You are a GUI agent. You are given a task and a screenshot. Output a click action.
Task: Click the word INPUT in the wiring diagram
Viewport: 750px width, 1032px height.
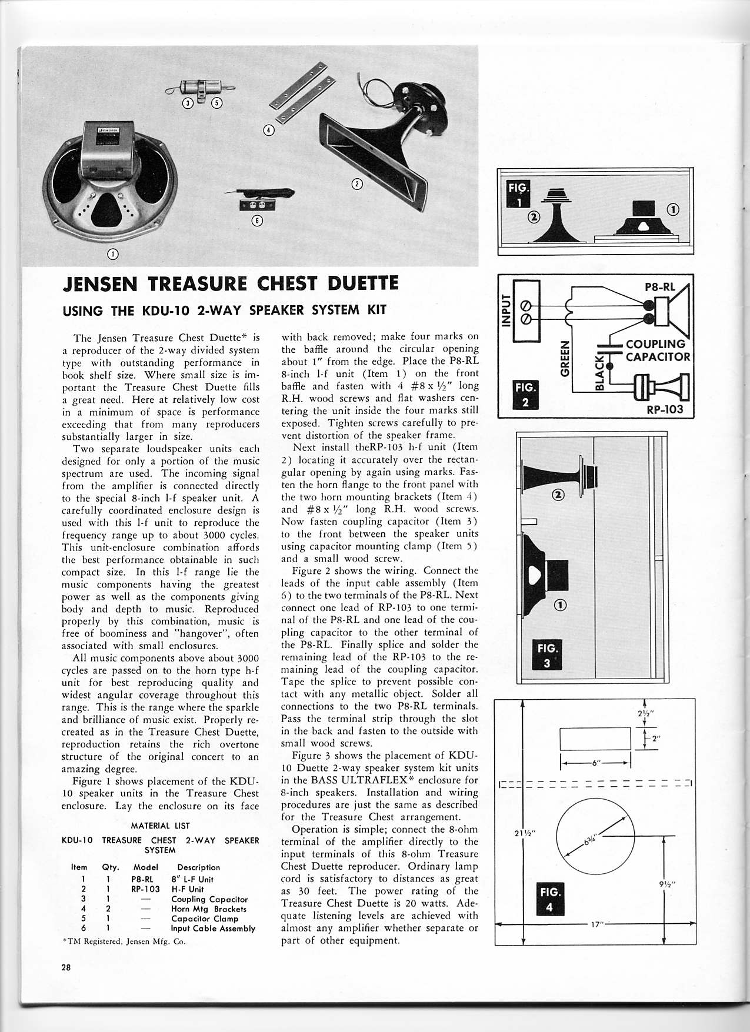[505, 311]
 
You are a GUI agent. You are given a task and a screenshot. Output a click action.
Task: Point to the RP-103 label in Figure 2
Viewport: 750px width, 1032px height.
[665, 409]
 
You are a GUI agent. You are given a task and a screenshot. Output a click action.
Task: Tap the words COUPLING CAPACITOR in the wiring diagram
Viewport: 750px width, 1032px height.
[656, 350]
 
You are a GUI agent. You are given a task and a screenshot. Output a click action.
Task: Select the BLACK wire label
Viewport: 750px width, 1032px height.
[599, 372]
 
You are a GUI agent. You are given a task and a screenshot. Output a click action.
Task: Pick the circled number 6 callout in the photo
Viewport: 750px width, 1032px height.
[256, 221]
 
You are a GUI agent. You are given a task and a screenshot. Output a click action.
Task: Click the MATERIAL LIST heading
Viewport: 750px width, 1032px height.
[160, 826]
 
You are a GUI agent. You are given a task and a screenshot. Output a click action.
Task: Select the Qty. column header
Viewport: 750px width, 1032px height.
[110, 867]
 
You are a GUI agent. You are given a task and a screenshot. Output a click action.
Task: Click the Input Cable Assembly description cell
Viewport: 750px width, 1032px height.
[213, 929]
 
